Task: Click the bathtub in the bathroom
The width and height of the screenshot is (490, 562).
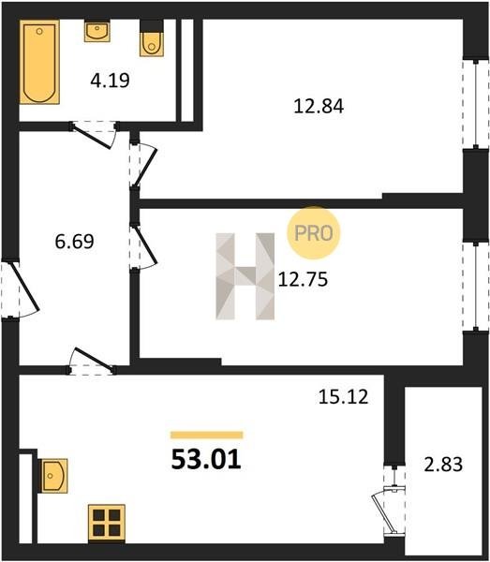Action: pyautogui.click(x=39, y=62)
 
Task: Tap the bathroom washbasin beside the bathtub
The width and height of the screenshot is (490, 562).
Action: pyautogui.click(x=97, y=32)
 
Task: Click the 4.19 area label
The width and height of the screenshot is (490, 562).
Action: pyautogui.click(x=110, y=80)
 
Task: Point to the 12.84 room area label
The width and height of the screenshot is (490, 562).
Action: pyautogui.click(x=319, y=106)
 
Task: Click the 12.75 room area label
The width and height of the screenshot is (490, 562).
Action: pyautogui.click(x=303, y=279)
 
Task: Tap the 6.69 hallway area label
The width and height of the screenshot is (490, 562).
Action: pyautogui.click(x=75, y=242)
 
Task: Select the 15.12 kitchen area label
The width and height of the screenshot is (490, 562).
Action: pyautogui.click(x=343, y=397)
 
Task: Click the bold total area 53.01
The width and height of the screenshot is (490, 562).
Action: pyautogui.click(x=206, y=460)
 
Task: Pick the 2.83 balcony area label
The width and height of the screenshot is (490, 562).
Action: pyautogui.click(x=443, y=465)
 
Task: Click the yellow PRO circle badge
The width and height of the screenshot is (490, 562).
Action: pyautogui.click(x=313, y=233)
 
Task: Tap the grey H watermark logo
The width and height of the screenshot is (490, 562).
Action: pyautogui.click(x=245, y=276)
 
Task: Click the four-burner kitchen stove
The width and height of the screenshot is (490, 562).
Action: pyautogui.click(x=107, y=523)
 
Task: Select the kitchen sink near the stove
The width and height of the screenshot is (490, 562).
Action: pyautogui.click(x=53, y=476)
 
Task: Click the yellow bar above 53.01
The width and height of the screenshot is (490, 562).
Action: pyautogui.click(x=207, y=436)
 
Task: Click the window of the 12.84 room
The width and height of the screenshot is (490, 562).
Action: pyautogui.click(x=476, y=104)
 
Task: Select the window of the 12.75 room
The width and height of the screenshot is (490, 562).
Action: pyautogui.click(x=476, y=286)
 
